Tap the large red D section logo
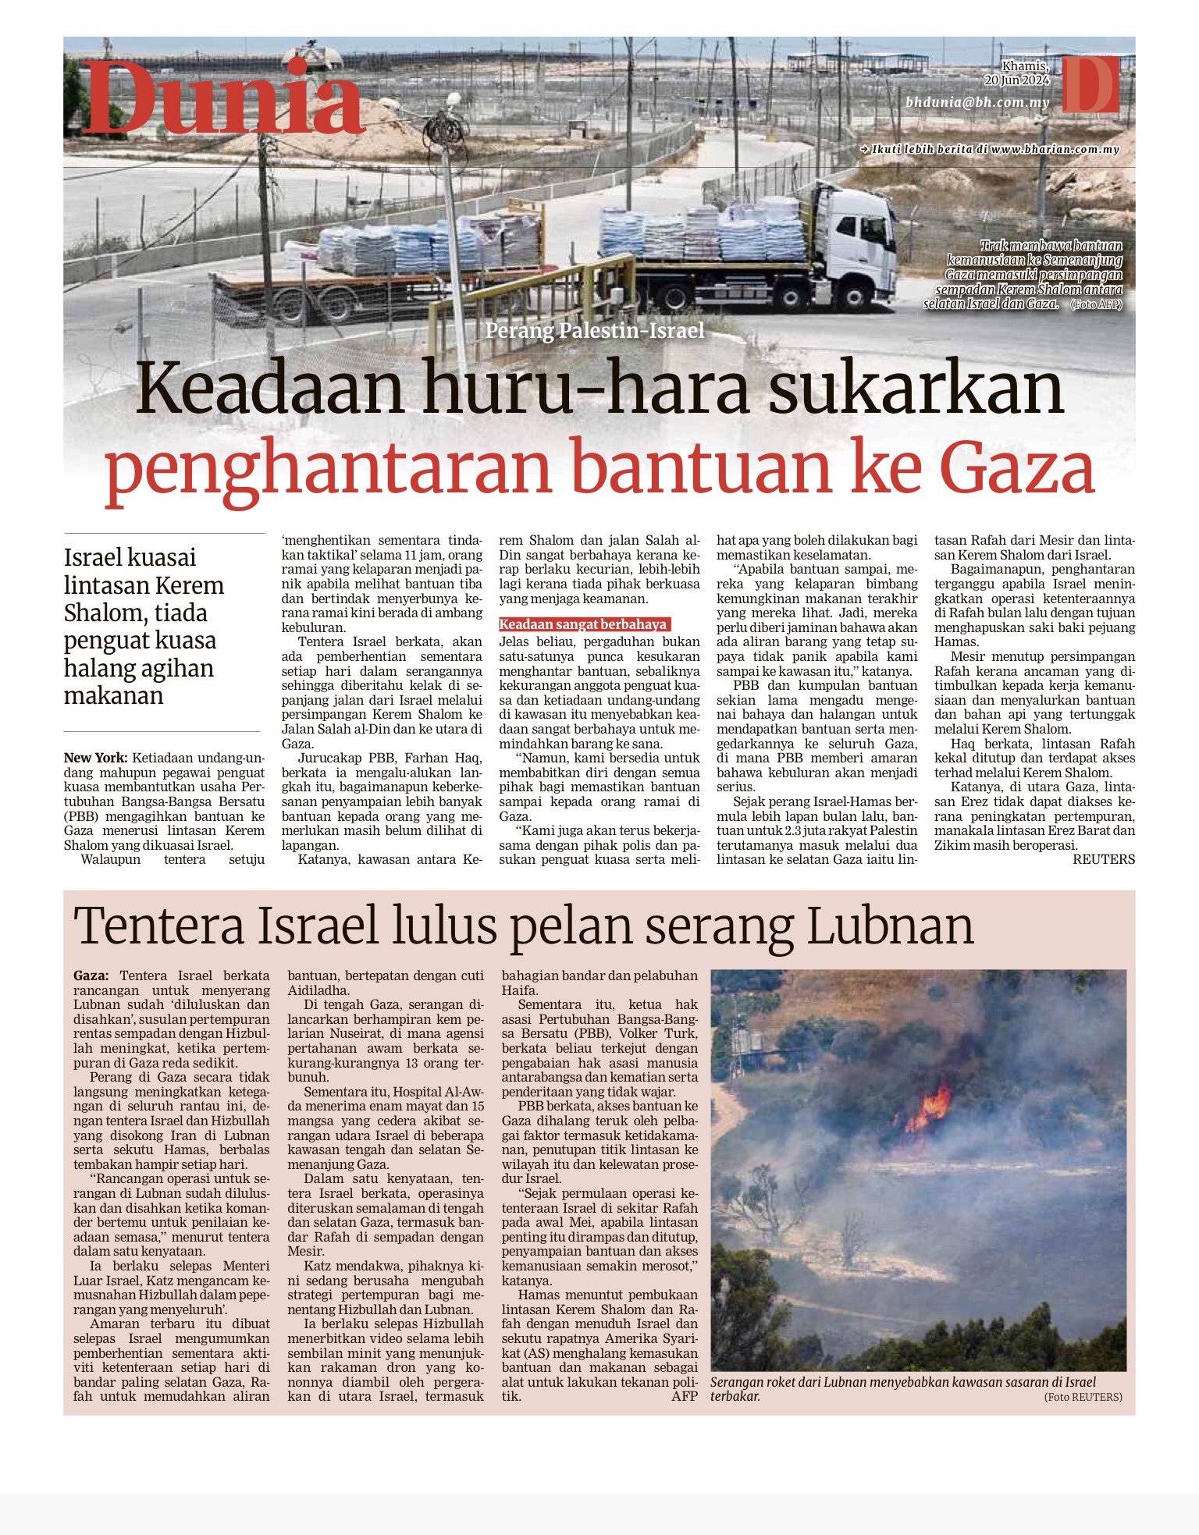pyautogui.click(x=1090, y=84)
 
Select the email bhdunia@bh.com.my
pyautogui.click(x=977, y=103)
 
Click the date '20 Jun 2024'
pyautogui.click(x=1016, y=80)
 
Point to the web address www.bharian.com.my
pyautogui.click(x=1055, y=149)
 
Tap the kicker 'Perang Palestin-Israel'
pyautogui.click(x=595, y=331)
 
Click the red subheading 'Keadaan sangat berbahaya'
pyautogui.click(x=583, y=624)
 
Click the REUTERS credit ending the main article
pyautogui.click(x=1103, y=859)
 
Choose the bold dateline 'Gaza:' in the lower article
pyautogui.click(x=91, y=975)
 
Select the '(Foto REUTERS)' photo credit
pyautogui.click(x=1083, y=1397)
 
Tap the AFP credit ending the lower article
pyautogui.click(x=685, y=1396)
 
